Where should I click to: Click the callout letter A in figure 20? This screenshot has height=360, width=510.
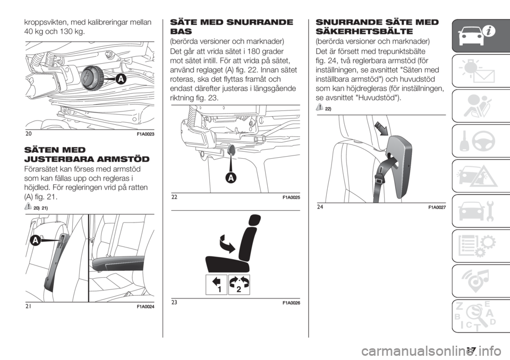(x=121, y=79)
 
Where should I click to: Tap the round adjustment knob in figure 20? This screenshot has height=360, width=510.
(x=92, y=78)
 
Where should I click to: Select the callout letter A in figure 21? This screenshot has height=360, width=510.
(x=36, y=241)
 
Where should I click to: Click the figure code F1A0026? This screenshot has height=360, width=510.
(x=291, y=303)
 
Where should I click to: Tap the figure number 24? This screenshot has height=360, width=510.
(x=320, y=206)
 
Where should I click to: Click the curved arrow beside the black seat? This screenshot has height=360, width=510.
(x=227, y=243)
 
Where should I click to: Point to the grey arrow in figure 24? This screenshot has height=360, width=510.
(x=381, y=127)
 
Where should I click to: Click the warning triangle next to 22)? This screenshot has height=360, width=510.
(x=319, y=107)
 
